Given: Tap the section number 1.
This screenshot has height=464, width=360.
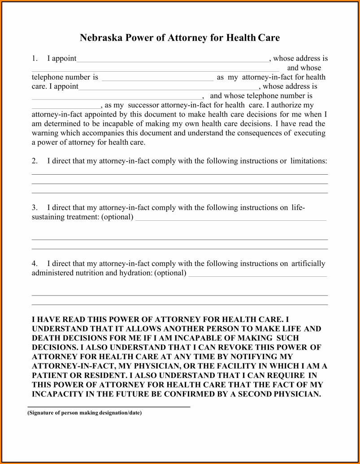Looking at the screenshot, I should [x=35, y=59].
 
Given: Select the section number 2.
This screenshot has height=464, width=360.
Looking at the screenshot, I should [x=35, y=161].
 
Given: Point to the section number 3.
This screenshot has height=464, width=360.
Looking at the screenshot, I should [x=35, y=208].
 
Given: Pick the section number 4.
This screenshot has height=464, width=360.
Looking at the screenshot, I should [x=35, y=264].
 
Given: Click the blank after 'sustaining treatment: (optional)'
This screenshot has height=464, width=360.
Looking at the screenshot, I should [x=230, y=219].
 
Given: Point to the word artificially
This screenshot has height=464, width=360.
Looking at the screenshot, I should [x=308, y=264].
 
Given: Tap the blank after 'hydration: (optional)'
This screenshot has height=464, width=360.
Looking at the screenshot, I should [x=257, y=275].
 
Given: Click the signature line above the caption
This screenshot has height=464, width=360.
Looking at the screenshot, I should [x=109, y=407].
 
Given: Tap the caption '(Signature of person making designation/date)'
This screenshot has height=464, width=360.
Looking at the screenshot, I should [x=85, y=413].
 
